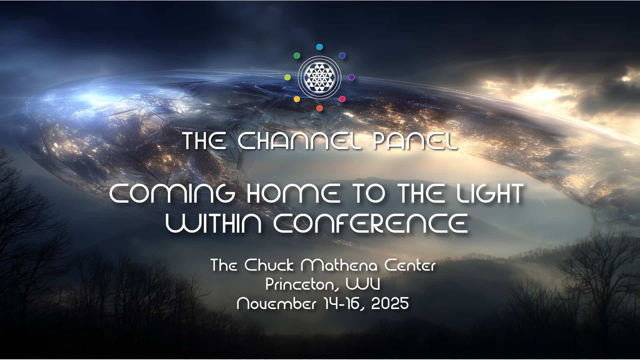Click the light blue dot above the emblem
click(x=319, y=47)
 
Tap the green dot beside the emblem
click(x=297, y=56)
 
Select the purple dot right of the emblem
click(x=351, y=77)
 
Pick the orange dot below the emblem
click(x=319, y=108)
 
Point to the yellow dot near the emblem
click(x=297, y=99)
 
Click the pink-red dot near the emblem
click(x=342, y=99)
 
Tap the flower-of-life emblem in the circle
click(x=319, y=77)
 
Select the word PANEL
click(x=415, y=141)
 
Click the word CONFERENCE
click(x=370, y=223)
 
